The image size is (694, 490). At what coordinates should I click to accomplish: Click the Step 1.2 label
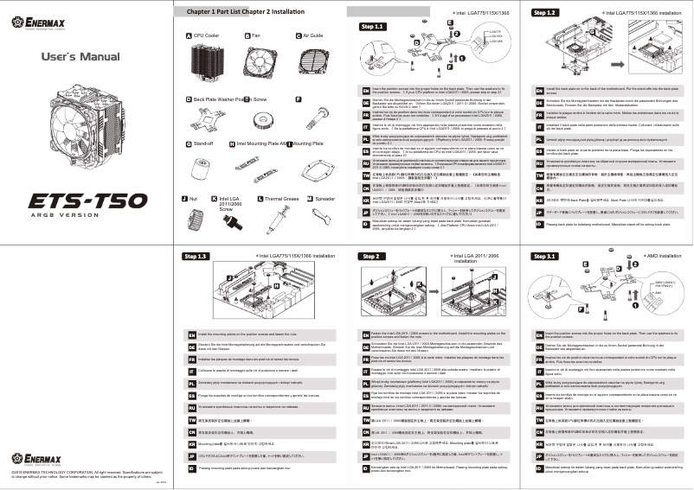545,14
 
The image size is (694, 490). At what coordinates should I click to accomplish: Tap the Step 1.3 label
198,257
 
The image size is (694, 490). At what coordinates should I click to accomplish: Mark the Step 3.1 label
545,257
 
